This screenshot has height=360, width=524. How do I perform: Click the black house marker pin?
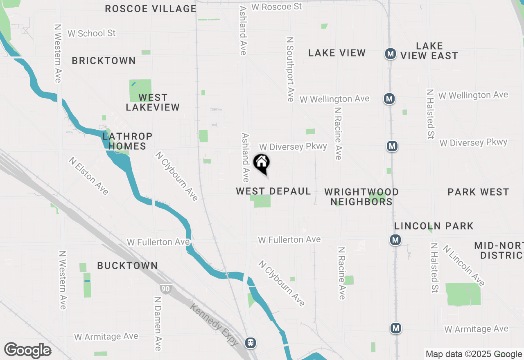(x=262, y=163)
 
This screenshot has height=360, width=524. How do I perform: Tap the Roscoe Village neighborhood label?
(x=151, y=9)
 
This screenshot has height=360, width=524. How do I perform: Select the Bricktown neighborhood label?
(x=104, y=61)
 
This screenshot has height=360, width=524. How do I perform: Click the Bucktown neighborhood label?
(x=127, y=265)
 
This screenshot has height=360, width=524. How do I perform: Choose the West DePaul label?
(x=273, y=191)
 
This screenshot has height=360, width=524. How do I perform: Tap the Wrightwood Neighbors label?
(x=361, y=197)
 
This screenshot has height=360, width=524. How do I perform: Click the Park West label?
(x=478, y=192)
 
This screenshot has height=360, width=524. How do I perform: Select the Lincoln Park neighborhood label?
(x=434, y=226)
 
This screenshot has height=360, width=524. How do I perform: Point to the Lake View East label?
(x=429, y=51)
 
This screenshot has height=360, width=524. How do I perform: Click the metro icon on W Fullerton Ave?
(x=395, y=240)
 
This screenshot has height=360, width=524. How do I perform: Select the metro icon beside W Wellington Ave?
(x=389, y=99)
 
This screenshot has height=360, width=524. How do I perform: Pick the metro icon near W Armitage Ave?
(x=395, y=328)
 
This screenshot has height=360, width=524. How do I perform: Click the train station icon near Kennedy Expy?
(x=251, y=342)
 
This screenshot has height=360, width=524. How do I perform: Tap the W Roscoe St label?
(x=276, y=7)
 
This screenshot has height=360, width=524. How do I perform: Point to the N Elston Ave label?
(x=88, y=176)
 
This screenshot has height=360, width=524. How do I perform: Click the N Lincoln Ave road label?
(x=463, y=266)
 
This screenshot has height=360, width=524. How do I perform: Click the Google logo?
(x=27, y=351)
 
